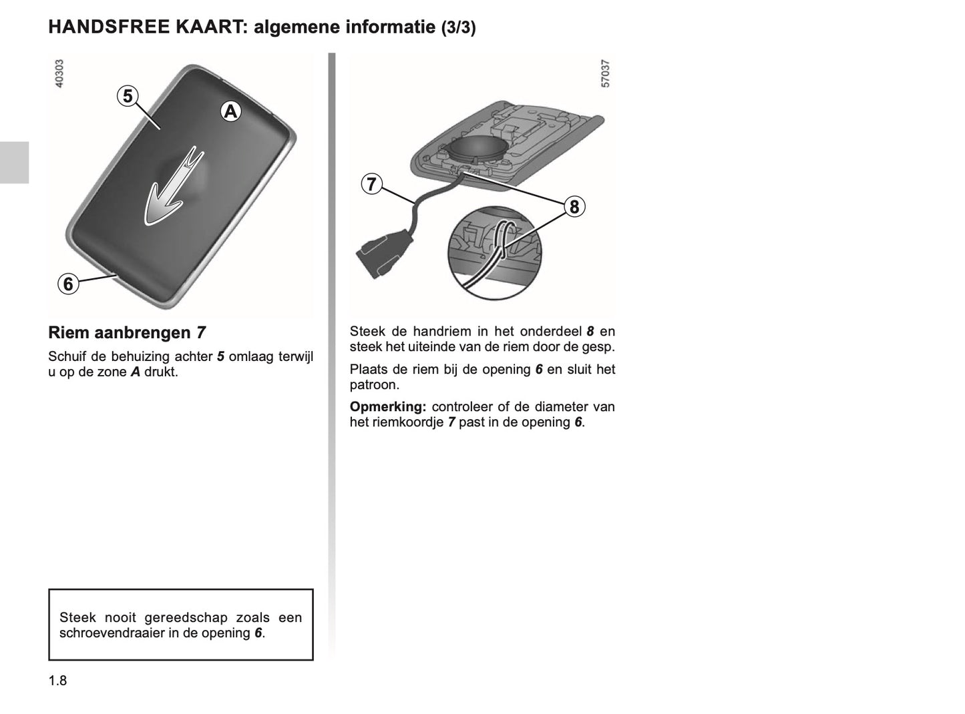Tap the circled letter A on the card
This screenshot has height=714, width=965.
point(230,112)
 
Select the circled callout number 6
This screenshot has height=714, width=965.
point(67,284)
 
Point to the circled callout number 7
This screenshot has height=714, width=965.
point(372,184)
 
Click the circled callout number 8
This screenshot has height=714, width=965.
point(574,207)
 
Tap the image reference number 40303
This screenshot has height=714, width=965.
point(59,73)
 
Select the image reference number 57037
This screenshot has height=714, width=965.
point(606,73)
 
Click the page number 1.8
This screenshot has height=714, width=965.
point(57,681)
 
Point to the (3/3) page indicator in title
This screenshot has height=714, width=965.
point(458,28)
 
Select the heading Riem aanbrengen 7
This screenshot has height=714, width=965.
point(127,332)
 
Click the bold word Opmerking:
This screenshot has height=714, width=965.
point(387,407)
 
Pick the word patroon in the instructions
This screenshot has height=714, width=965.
point(374,385)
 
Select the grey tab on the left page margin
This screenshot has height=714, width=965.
point(14,162)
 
